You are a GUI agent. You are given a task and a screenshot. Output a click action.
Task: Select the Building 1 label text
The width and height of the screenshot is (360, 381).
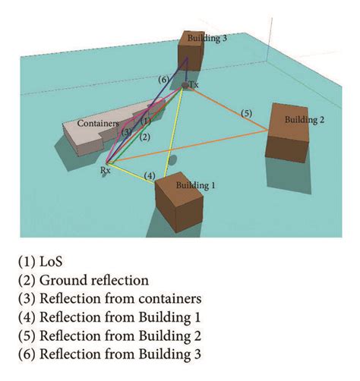[196, 184]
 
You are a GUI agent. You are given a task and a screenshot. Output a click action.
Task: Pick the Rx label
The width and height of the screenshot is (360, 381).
[105, 172]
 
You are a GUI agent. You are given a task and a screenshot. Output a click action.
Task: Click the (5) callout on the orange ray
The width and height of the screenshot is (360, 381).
[246, 113]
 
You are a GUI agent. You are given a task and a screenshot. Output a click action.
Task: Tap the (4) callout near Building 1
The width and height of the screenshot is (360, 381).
[150, 176]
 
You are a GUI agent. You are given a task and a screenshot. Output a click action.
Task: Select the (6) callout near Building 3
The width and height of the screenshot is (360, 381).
[163, 79]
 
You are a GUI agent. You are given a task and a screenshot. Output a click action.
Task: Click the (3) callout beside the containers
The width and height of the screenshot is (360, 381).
[128, 131]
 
